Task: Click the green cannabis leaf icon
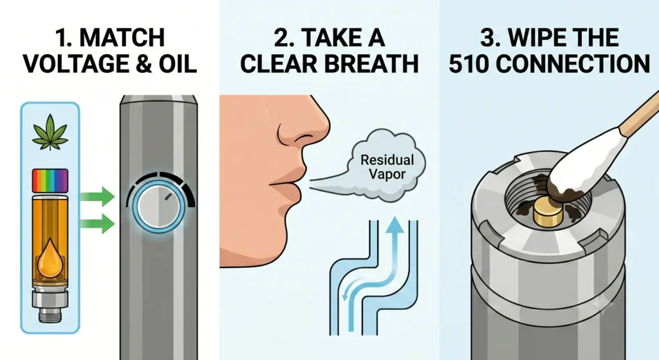click(50, 132)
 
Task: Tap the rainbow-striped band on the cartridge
click(50, 180)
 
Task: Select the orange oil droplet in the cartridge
click(50, 257)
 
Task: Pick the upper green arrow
click(97, 197)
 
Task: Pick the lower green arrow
click(97, 223)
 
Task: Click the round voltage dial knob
click(159, 207)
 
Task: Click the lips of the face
click(286, 185)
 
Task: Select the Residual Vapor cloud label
click(387, 167)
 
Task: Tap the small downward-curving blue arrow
click(352, 288)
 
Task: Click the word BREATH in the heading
click(371, 64)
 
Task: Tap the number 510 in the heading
click(469, 64)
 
